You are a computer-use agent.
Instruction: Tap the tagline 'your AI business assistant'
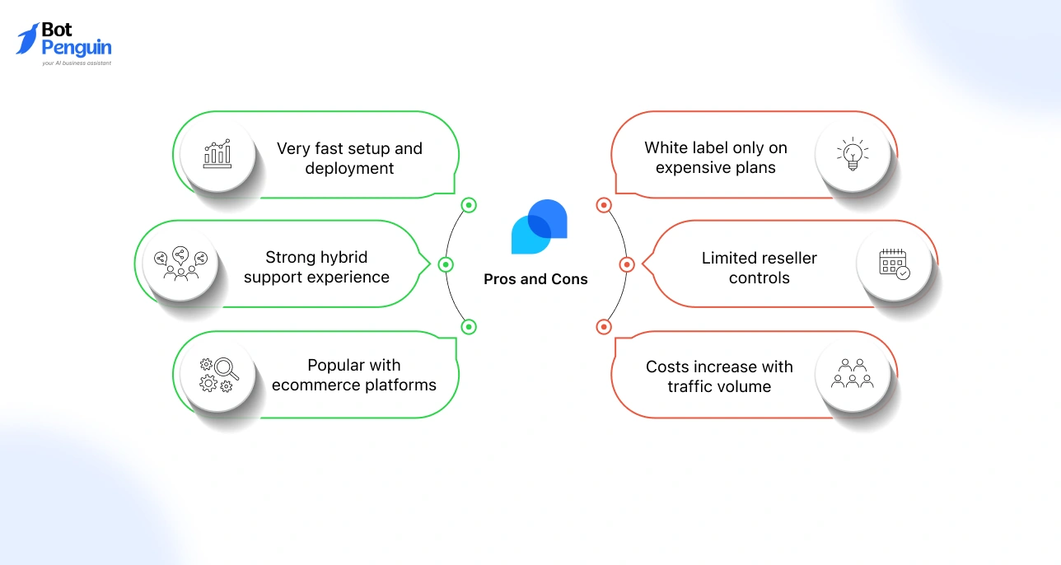pos(77,63)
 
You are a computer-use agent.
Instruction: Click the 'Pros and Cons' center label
pos(535,279)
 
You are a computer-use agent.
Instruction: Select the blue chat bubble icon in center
pos(539,226)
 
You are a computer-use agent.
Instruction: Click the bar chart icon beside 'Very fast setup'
pos(217,154)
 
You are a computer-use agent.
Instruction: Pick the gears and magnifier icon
pos(218,374)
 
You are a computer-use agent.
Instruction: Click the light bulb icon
pos(853,154)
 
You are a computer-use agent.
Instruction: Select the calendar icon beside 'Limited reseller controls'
pos(894,264)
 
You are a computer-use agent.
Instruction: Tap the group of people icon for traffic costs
pos(853,374)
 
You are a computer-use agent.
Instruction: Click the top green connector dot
pos(469,205)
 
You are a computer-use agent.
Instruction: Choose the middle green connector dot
pos(446,264)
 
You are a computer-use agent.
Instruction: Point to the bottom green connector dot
pos(469,327)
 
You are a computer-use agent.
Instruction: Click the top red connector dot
pos(603,205)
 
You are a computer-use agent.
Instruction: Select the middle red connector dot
pos(626,264)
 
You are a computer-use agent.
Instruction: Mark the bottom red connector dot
pos(603,327)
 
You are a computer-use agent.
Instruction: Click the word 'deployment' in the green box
pos(349,169)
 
